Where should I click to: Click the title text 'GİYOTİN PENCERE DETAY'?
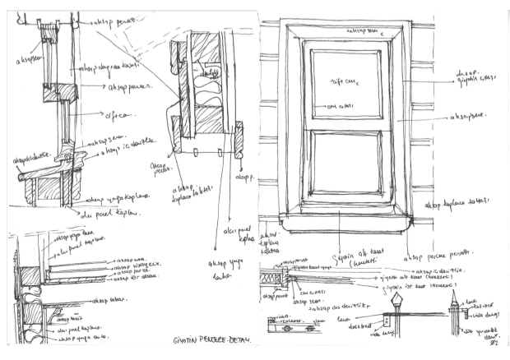click(x=205, y=339)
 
